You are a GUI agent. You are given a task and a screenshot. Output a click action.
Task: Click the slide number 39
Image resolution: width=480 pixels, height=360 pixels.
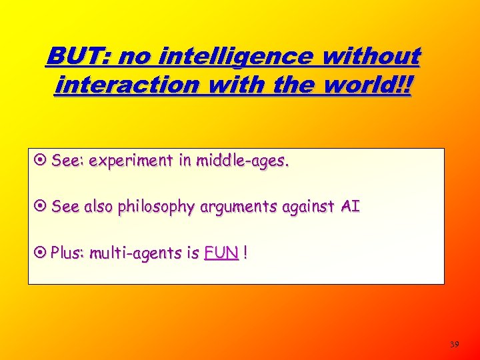tap(455, 345)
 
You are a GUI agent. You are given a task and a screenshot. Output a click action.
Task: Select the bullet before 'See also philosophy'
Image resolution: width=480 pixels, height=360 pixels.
tap(41, 207)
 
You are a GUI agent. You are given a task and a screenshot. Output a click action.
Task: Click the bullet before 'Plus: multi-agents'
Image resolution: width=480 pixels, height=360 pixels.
tap(41, 253)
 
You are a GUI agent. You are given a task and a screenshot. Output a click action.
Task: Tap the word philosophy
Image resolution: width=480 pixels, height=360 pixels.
tap(157, 207)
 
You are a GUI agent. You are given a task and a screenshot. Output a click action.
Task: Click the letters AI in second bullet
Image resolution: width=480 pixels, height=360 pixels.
tap(351, 207)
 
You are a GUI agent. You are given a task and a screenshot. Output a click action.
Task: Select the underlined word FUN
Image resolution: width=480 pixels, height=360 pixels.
tap(221, 253)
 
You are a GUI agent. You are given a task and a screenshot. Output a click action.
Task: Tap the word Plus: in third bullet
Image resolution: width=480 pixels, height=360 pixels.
tap(67, 253)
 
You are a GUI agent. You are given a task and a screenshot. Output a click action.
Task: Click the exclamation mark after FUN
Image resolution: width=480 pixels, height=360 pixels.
tap(247, 253)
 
